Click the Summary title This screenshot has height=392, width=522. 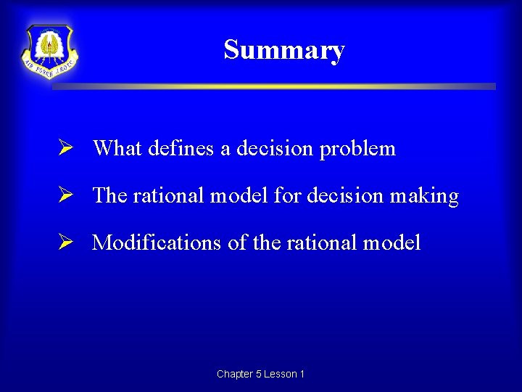[283, 50]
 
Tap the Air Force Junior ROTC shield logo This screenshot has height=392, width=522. [49, 52]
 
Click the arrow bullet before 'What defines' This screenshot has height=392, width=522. [65, 149]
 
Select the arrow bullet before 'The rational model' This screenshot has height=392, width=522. [65, 196]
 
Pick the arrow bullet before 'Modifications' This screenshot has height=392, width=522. [65, 242]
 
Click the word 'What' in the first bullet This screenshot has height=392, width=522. [117, 149]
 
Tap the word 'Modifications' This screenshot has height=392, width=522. [156, 242]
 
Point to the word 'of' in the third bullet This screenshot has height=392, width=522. [237, 242]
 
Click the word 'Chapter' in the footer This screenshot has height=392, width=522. [234, 375]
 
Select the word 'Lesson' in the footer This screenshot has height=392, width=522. [280, 375]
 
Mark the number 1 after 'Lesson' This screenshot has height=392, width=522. [302, 375]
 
